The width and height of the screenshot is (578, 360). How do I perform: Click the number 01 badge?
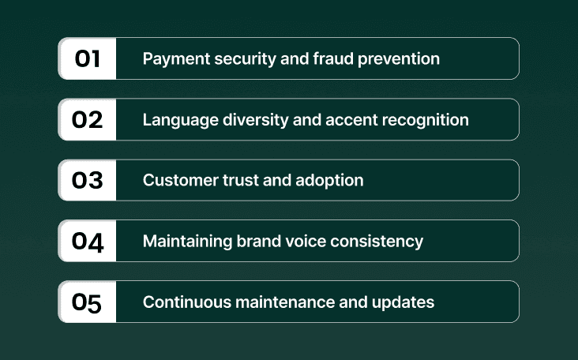[88, 58]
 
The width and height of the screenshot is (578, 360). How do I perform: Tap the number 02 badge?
[88, 119]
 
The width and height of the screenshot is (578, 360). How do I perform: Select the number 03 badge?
[88, 180]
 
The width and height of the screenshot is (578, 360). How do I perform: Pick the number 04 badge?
[88, 241]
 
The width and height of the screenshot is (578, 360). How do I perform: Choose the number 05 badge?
[88, 302]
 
